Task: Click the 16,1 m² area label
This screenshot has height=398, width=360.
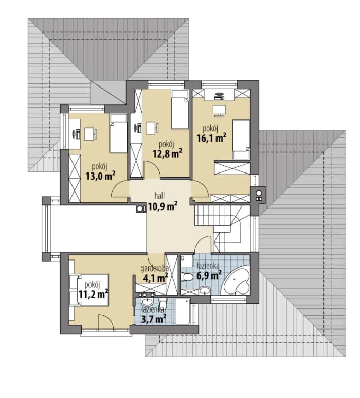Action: tap(211, 139)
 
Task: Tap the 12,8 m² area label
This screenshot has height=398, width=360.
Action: tap(167, 153)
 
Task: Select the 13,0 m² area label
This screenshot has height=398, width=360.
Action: tap(100, 176)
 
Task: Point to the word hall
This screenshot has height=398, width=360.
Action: tap(159, 196)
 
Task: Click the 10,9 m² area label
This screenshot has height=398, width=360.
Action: tap(162, 206)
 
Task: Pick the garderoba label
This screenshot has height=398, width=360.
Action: tap(154, 268)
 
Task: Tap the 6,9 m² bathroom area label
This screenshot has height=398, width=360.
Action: tap(209, 275)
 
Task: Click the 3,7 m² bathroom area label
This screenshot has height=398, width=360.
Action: tap(154, 319)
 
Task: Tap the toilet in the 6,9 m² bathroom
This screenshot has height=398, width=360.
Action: tap(187, 276)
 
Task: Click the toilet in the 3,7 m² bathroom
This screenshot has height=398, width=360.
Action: tap(163, 303)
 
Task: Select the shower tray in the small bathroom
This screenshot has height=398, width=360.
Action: tap(182, 311)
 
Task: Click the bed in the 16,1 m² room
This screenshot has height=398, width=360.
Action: tap(241, 140)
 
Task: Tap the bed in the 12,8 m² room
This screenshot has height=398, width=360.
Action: tap(180, 109)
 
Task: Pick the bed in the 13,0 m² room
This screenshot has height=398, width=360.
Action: tap(118, 133)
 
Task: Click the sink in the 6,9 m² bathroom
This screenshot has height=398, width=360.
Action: tap(204, 290)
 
